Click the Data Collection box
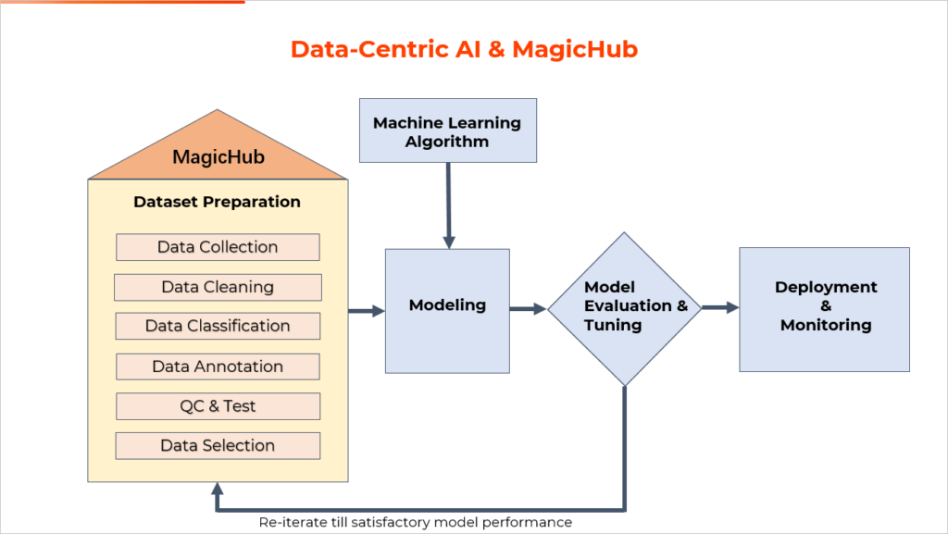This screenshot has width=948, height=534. [218, 247]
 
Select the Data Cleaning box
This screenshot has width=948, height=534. [218, 287]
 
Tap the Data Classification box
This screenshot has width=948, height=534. [218, 326]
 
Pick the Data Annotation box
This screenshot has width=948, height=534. [218, 366]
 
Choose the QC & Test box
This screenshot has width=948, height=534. [218, 406]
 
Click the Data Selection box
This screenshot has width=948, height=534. [218, 446]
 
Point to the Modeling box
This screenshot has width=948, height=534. [447, 311]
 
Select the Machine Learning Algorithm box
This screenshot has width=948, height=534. [448, 130]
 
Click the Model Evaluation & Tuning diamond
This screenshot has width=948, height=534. [625, 309]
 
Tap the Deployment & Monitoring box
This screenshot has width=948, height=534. [824, 309]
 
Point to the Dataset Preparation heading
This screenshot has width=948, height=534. [217, 202]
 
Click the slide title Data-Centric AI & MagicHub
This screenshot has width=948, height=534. [465, 50]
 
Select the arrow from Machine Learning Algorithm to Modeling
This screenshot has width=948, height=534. [449, 205]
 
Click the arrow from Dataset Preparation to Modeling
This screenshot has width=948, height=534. [367, 311]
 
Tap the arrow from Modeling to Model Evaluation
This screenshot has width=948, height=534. [529, 309]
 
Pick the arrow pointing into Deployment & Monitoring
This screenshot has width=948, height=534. [720, 307]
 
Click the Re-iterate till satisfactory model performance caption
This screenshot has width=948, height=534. [416, 523]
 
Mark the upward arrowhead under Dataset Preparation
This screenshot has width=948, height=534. [218, 489]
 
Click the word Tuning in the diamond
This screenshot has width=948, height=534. [613, 325]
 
